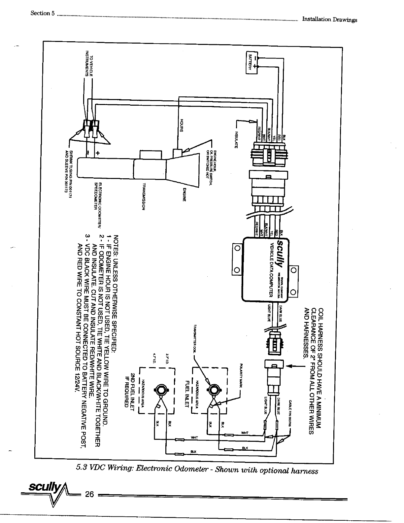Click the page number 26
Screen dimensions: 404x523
point(90,494)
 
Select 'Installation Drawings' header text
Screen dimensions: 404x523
point(329,19)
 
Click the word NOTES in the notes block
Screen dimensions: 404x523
point(116,243)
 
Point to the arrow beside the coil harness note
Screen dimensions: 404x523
point(294,366)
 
